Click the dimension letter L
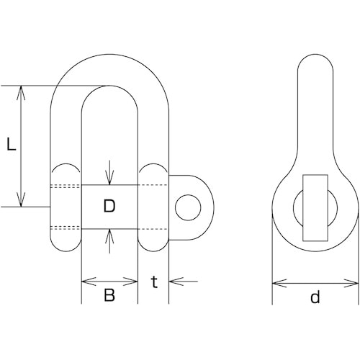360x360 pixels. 12,144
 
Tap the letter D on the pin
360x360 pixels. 109,206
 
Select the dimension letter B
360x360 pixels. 109,294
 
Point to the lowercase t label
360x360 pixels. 155,282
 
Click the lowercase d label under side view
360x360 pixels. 315,297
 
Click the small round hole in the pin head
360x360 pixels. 188,207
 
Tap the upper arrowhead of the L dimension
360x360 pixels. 22,93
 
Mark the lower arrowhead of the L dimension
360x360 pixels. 22,199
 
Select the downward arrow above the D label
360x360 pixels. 109,173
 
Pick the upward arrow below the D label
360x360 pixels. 109,241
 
